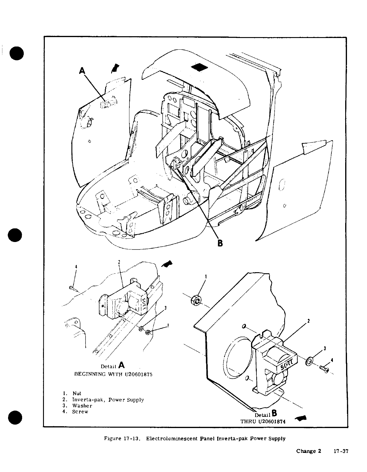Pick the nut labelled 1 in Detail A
click(148, 333)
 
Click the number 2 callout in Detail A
click(119, 262)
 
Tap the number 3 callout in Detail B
click(325, 348)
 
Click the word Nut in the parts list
click(77, 393)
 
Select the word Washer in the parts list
click(82, 406)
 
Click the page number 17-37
click(341, 451)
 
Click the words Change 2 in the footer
click(308, 451)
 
